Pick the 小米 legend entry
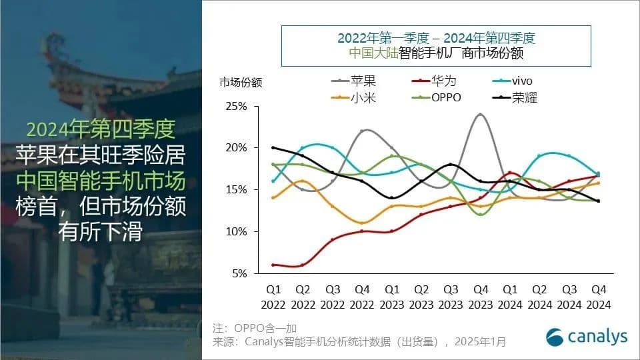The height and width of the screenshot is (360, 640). tap(354, 97)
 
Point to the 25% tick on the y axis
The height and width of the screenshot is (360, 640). tap(237, 106)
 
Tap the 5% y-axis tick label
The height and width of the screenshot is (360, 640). tap(239, 273)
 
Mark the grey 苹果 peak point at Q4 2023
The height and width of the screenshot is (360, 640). tap(480, 115)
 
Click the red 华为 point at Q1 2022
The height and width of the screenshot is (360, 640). tap(273, 265)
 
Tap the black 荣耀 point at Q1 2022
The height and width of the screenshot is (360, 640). tap(273, 147)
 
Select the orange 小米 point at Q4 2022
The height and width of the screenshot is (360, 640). tap(362, 223)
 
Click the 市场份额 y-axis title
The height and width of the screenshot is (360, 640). tap(241, 83)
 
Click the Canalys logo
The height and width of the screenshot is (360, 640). tap(587, 337)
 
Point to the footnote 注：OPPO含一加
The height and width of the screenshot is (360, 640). tap(254, 328)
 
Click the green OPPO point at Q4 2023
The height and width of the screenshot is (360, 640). tap(480, 214)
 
